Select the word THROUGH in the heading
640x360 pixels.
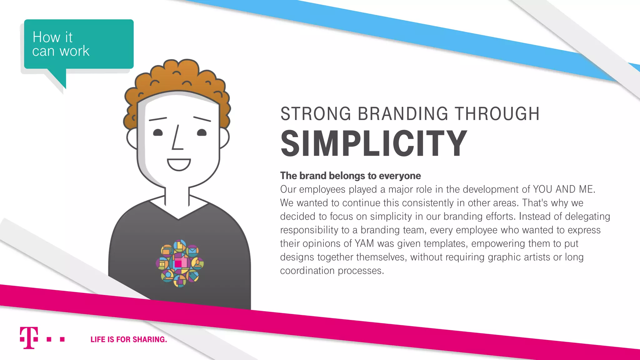pyautogui.click(x=497, y=114)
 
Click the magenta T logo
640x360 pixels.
pyautogui.click(x=29, y=338)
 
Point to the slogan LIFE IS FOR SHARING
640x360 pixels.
pyautogui.click(x=129, y=339)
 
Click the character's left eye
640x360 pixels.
pyautogui.click(x=158, y=132)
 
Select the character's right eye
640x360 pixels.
pyautogui.click(x=202, y=132)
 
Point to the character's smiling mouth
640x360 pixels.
pyautogui.click(x=179, y=164)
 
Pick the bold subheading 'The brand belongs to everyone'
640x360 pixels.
pyautogui.click(x=350, y=176)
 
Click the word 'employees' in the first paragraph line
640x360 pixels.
pyautogui.click(x=322, y=189)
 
